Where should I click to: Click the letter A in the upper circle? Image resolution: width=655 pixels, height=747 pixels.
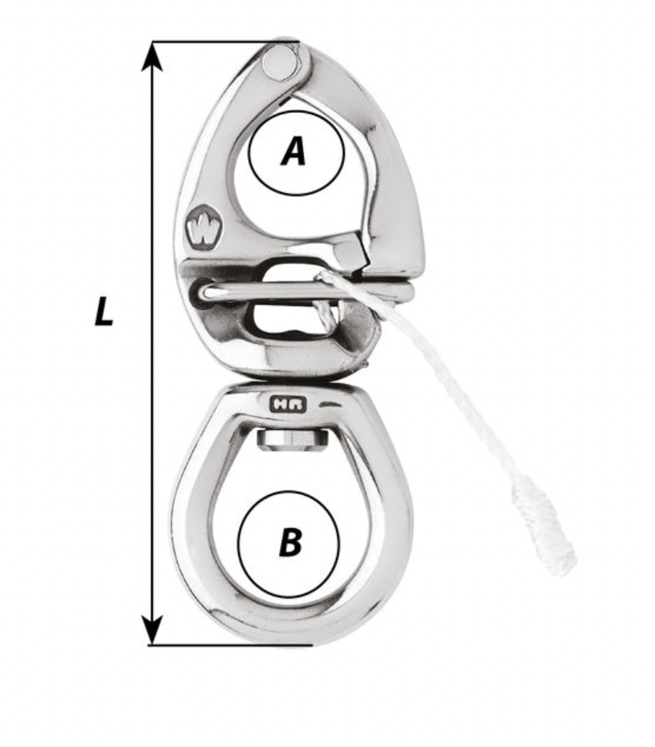pyautogui.click(x=294, y=151)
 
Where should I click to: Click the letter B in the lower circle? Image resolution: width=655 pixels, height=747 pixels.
pyautogui.click(x=290, y=541)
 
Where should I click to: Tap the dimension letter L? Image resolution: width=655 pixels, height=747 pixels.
pyautogui.click(x=104, y=312)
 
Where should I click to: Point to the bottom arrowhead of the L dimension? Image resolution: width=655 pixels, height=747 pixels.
pyautogui.click(x=152, y=630)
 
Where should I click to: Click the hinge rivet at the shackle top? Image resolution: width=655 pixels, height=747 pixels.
pyautogui.click(x=280, y=63)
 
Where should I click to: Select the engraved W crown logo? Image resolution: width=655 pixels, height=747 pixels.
pyautogui.click(x=202, y=228)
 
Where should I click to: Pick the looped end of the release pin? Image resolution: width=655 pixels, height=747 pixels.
pyautogui.click(x=207, y=293)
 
